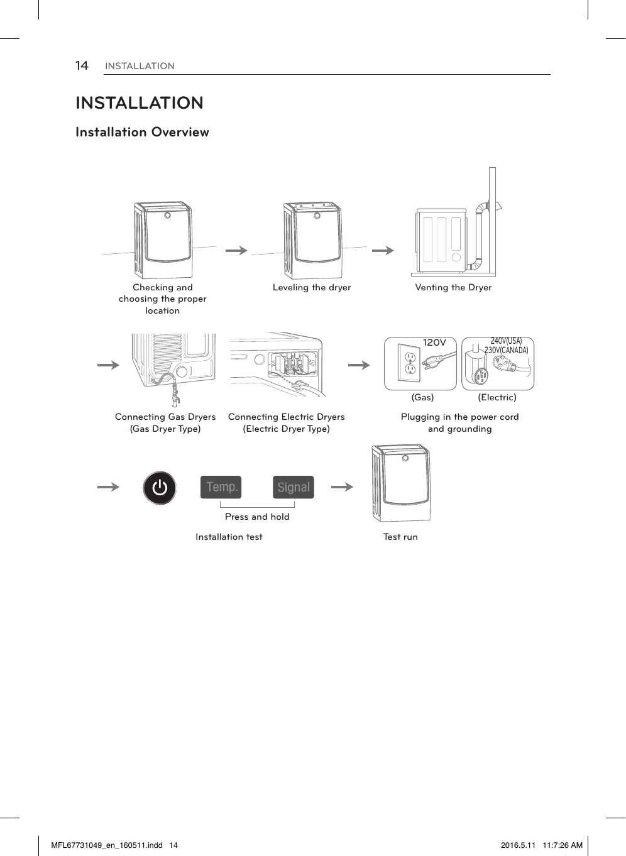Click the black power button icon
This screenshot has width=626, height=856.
160,488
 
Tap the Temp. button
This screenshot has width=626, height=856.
221,487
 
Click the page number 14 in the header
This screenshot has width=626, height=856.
82,66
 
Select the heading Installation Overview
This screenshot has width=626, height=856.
142,133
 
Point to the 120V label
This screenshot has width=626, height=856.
434,343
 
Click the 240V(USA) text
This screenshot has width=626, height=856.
506,341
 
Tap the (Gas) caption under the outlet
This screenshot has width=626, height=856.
422,397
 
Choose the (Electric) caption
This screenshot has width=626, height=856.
497,397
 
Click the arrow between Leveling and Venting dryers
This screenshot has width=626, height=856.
382,250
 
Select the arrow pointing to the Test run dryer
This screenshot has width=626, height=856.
342,486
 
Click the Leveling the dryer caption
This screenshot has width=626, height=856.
312,287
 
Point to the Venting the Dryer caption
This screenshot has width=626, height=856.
453,287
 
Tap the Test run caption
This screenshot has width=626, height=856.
400,537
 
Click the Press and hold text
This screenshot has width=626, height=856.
257,517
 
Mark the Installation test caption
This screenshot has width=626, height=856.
229,537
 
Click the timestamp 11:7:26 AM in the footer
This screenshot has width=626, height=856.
563,845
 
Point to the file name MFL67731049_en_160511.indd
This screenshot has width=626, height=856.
107,845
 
